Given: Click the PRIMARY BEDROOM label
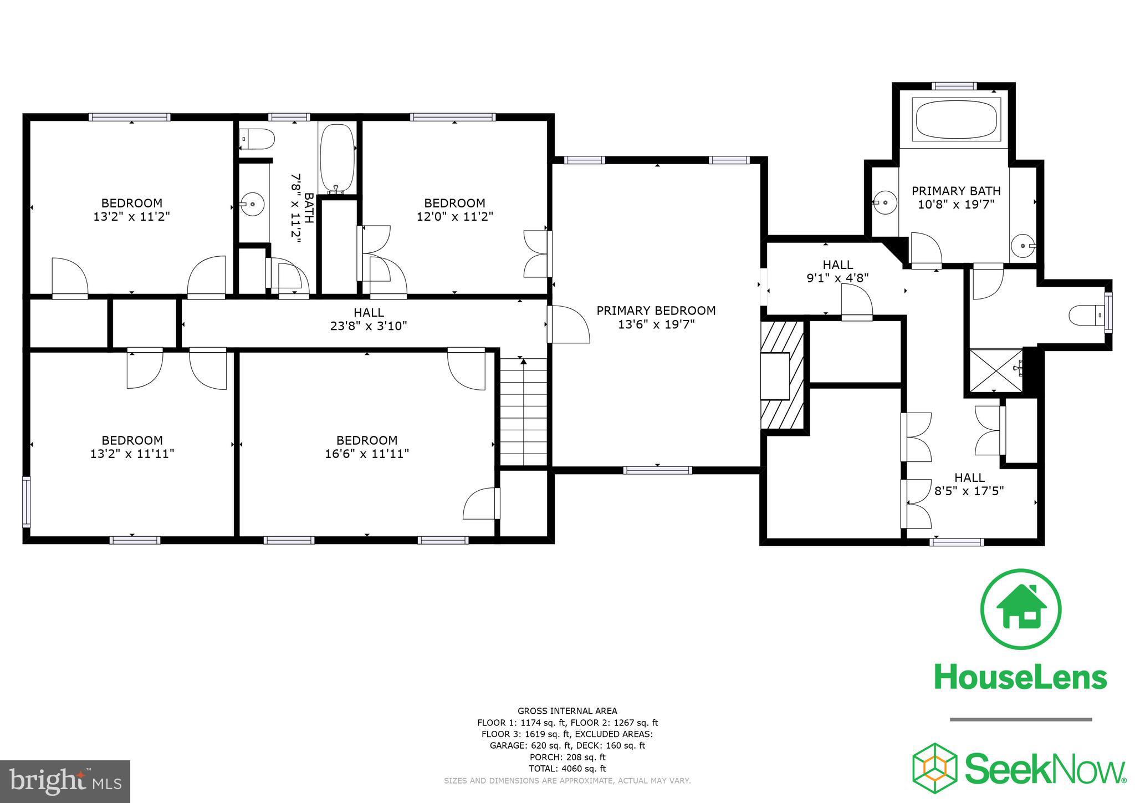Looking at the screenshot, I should click(656, 311).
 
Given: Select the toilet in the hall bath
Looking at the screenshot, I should click(257, 139).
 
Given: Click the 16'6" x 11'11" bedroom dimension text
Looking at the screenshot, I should click(367, 454).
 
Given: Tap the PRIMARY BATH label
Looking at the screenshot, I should click(956, 191).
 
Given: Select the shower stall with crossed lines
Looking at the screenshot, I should click(995, 370).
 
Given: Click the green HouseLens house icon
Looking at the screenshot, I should click(1021, 608).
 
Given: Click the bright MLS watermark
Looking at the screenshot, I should click(65, 781).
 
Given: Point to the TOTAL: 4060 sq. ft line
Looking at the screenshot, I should click(567, 769).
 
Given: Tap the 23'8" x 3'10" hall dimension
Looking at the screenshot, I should click(369, 326).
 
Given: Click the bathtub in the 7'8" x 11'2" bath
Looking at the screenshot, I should click(337, 158).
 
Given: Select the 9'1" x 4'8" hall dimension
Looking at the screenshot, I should click(837, 277).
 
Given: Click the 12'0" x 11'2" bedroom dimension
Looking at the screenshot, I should click(454, 216).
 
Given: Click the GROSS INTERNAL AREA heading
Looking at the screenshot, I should click(567, 711).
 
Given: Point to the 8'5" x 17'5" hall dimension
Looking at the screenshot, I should click(969, 491).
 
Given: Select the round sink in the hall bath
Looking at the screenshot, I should click(253, 204).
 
